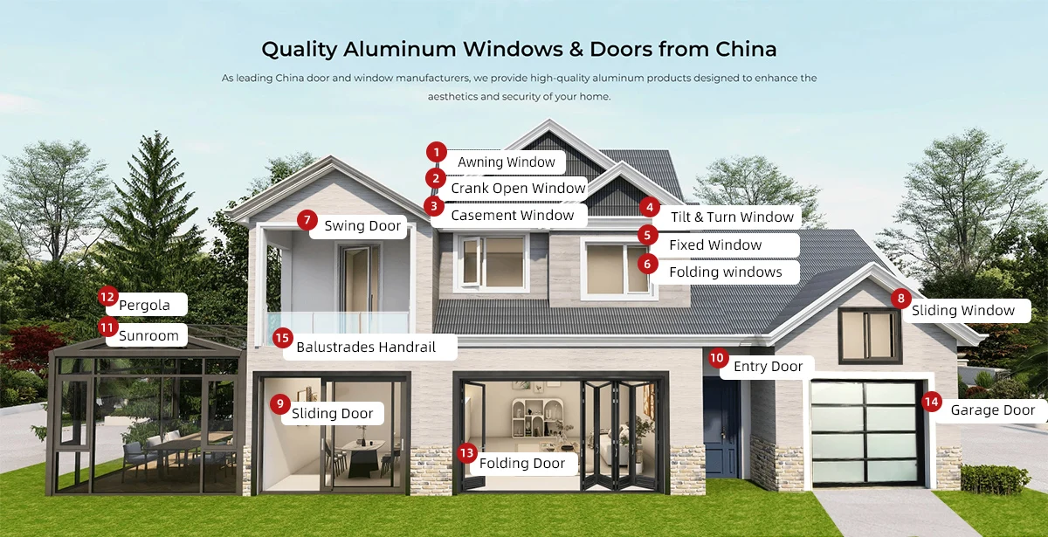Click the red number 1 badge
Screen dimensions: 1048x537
[x=437, y=152]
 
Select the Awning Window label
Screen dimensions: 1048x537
[x=507, y=162]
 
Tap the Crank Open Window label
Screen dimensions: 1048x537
[x=518, y=189]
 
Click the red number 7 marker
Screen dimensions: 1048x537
[x=307, y=220]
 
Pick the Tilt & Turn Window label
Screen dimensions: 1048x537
[x=732, y=217]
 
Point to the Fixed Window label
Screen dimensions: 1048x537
[x=715, y=245]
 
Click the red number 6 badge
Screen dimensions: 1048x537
[x=647, y=263]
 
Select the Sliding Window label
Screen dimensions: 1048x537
[x=963, y=311]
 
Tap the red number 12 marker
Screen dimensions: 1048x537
[x=107, y=297]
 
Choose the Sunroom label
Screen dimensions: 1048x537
[x=148, y=336]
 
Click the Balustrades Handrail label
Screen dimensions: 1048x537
[x=365, y=348]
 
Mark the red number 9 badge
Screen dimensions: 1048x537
[x=279, y=403]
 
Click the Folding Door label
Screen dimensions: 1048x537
[x=522, y=464]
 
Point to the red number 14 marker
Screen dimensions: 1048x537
[x=932, y=402]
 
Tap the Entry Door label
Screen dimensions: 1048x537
[x=768, y=367]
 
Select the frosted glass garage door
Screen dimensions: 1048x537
[x=864, y=432]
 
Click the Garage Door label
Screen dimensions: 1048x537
[x=993, y=410]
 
